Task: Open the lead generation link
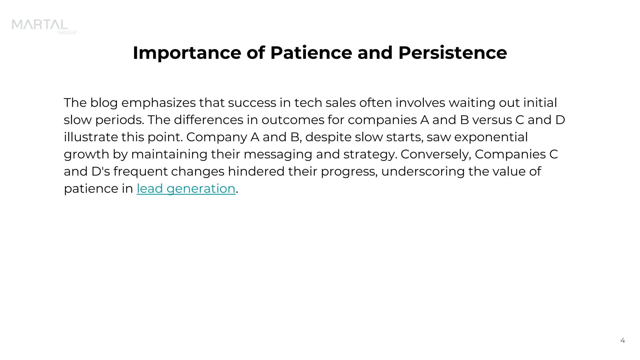pyautogui.click(x=186, y=188)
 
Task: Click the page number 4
pyautogui.click(x=622, y=340)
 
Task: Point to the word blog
pyautogui.click(x=104, y=103)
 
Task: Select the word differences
pyautogui.click(x=208, y=120)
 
